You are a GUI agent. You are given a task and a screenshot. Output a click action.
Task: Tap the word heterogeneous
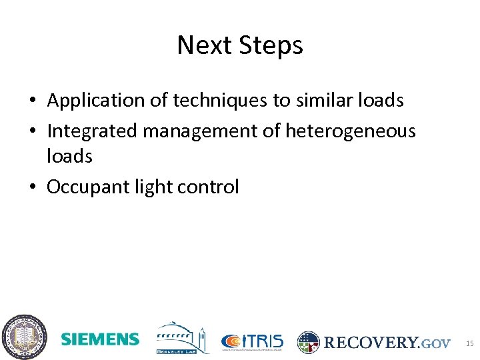click(350, 131)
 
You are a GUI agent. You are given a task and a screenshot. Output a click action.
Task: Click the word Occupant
click(84, 187)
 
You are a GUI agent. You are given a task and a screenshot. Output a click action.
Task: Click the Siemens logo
click(100, 339)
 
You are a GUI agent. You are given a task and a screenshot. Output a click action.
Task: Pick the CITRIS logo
click(252, 341)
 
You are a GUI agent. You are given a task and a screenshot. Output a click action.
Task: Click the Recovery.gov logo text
click(387, 343)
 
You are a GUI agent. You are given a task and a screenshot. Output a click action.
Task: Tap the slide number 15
click(469, 343)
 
